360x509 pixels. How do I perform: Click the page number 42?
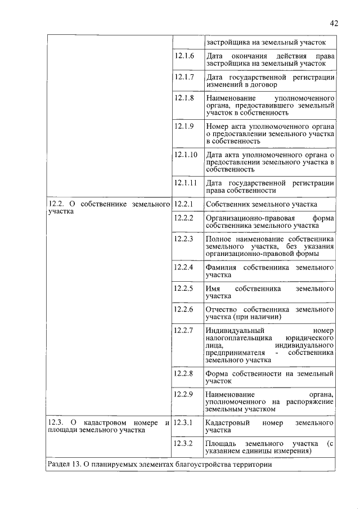click(x=334, y=23)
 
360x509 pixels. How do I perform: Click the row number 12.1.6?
click(x=184, y=56)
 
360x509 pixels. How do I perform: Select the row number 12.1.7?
click(x=184, y=77)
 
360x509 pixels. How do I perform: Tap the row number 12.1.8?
click(x=184, y=98)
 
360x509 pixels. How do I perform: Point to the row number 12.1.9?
click(x=184, y=126)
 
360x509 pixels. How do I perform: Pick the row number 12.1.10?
click(x=186, y=154)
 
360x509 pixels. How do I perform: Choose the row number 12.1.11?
click(x=186, y=182)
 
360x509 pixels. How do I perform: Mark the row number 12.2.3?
click(x=184, y=238)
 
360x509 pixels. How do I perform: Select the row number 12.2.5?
click(x=184, y=288)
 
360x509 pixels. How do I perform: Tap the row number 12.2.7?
click(x=184, y=330)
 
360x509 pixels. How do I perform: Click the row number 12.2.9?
click(x=184, y=394)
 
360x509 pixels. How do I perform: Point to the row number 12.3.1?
click(x=184, y=422)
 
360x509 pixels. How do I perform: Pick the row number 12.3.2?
click(x=184, y=443)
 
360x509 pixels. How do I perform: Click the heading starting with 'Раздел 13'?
click(x=160, y=465)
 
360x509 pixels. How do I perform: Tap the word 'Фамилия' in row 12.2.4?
click(x=221, y=267)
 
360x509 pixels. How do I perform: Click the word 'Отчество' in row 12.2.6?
click(x=222, y=309)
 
